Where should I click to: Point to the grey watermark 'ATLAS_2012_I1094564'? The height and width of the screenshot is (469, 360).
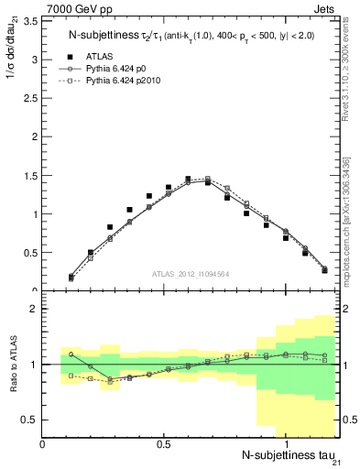191,273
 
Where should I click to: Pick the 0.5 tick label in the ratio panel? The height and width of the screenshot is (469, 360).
30,420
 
